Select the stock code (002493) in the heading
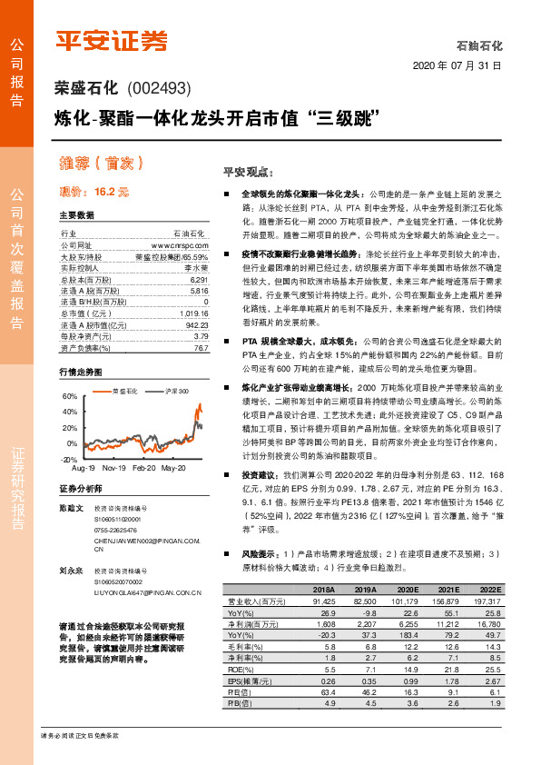point(160,89)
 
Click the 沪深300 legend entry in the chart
point(175,390)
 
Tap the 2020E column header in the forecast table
point(406,590)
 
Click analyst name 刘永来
point(71,571)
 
